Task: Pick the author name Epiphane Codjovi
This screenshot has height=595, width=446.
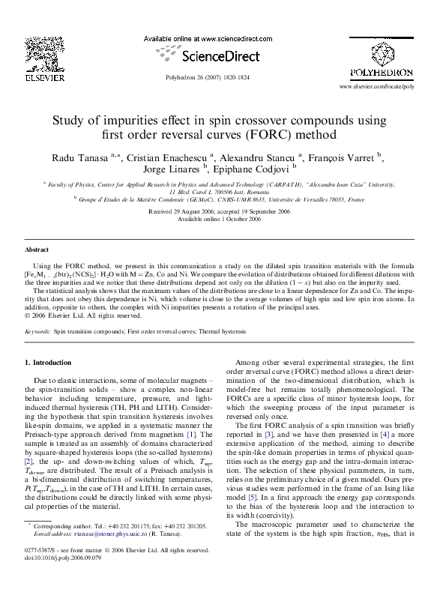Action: pyautogui.click(x=275, y=171)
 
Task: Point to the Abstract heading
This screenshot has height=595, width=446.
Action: pyautogui.click(x=37, y=250)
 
